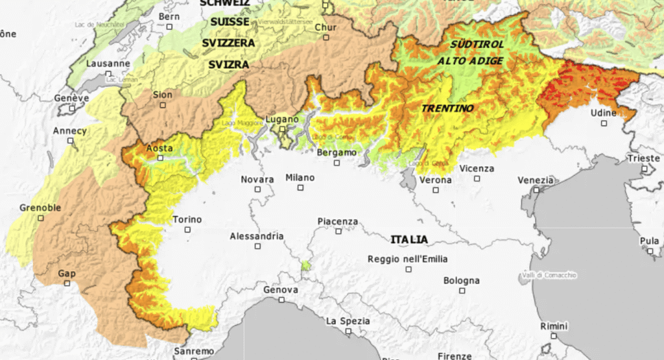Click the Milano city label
click(x=300, y=178)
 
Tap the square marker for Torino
click(x=187, y=230)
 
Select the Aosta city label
click(x=160, y=149)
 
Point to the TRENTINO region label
click(x=447, y=108)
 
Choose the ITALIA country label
click(x=409, y=239)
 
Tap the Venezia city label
click(x=536, y=180)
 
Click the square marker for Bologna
click(x=462, y=291)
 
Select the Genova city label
click(x=281, y=290)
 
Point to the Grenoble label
click(x=40, y=208)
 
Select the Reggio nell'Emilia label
click(x=407, y=259)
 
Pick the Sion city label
click(x=163, y=95)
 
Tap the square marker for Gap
click(x=67, y=283)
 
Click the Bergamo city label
click(x=337, y=152)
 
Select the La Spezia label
click(x=348, y=320)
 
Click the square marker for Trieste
click(x=645, y=169)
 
